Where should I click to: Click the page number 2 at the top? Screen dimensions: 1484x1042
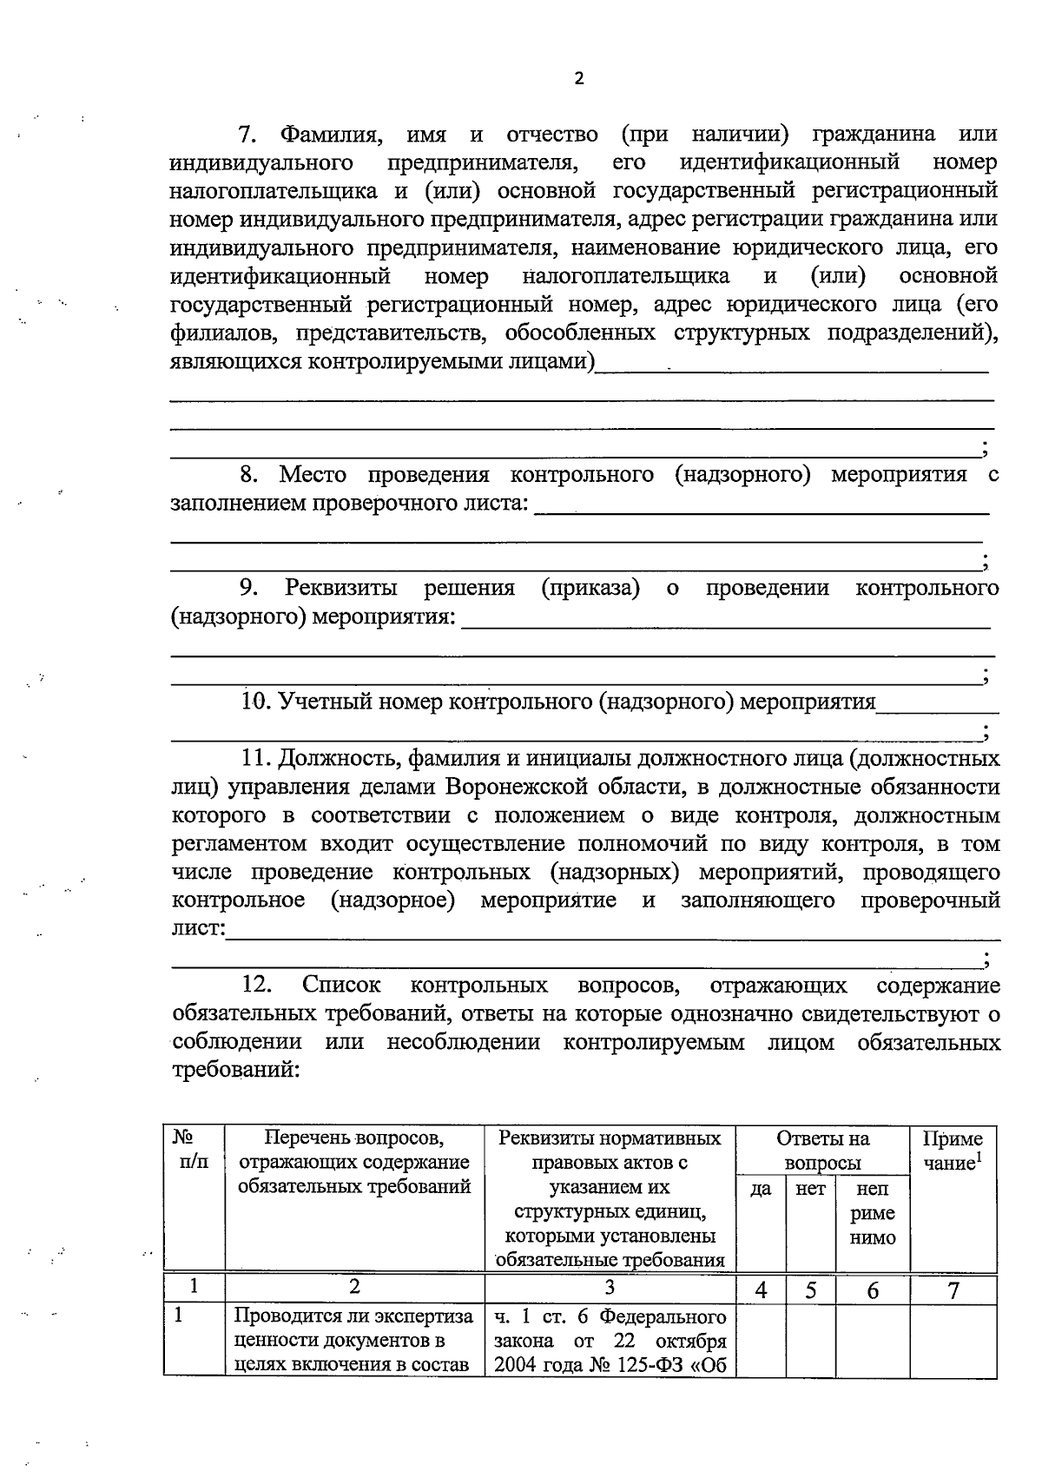click(579, 79)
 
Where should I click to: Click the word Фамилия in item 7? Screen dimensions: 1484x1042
click(330, 135)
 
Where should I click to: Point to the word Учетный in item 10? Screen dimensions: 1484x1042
click(320, 702)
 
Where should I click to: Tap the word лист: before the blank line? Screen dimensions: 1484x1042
click(198, 928)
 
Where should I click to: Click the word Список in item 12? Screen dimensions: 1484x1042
click(341, 986)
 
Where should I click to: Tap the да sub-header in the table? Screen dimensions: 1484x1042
click(761, 1190)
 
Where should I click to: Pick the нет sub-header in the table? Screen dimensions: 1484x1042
click(810, 1190)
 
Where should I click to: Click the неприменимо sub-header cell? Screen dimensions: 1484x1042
click(872, 1213)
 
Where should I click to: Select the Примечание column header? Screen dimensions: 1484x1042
click(953, 1151)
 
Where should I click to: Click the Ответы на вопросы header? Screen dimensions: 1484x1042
click(822, 1151)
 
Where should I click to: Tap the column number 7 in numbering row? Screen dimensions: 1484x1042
click(953, 1290)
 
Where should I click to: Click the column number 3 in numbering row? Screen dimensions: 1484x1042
click(610, 1288)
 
